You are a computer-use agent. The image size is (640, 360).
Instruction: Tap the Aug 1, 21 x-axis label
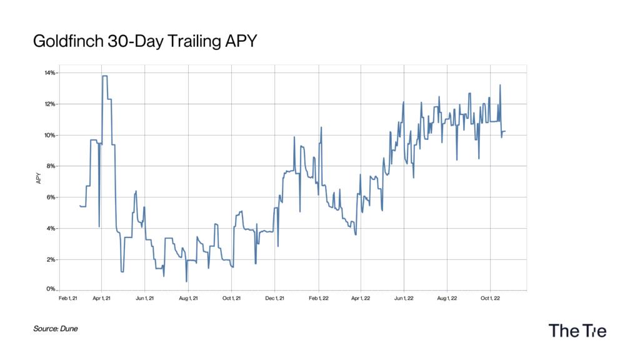click(x=188, y=298)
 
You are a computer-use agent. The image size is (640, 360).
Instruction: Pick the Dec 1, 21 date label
click(x=275, y=298)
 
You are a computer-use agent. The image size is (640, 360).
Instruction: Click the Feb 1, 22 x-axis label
click(x=318, y=298)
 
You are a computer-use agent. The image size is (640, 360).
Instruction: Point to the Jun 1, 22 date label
click(x=404, y=298)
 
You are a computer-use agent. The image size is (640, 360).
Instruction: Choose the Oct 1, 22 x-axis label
click(x=491, y=298)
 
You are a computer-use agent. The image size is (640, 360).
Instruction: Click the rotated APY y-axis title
click(x=39, y=178)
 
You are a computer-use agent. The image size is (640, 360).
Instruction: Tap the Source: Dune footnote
click(x=56, y=328)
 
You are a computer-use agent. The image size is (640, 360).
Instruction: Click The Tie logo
click(x=577, y=331)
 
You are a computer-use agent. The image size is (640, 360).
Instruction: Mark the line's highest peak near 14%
click(x=104, y=76)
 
